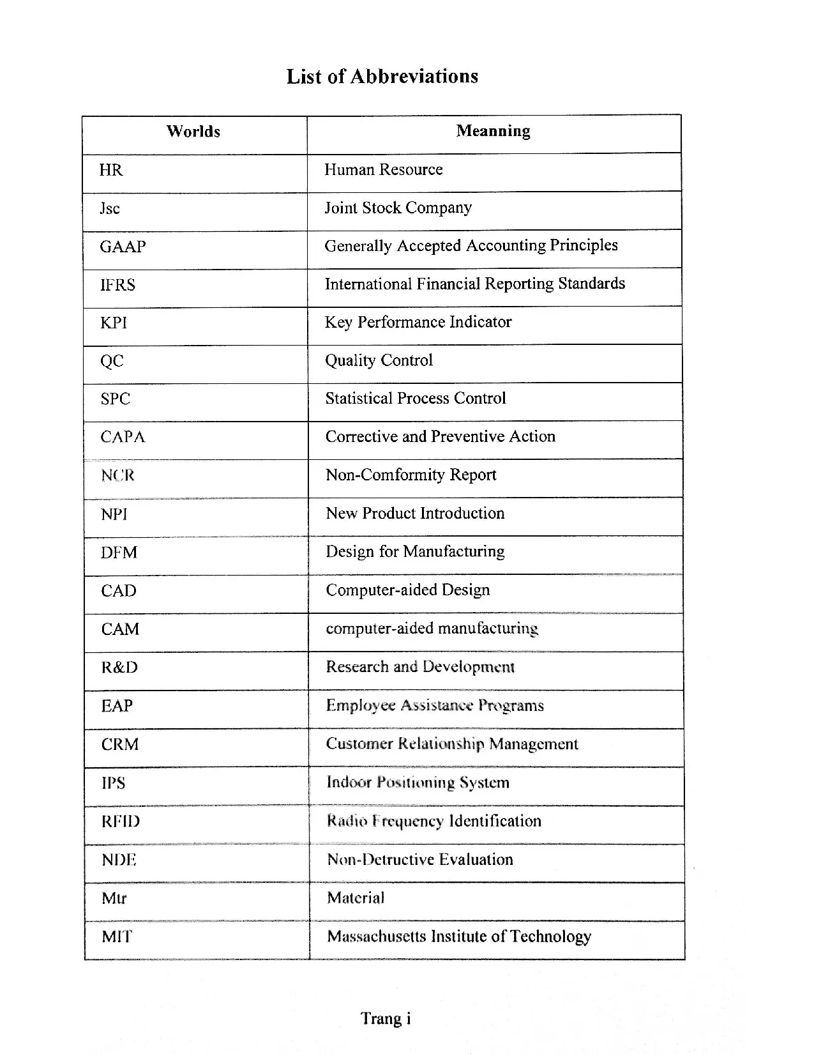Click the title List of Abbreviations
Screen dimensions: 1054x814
tap(382, 77)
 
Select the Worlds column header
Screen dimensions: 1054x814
tap(193, 132)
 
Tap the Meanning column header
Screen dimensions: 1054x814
tap(493, 131)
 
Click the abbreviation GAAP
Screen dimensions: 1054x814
tap(123, 247)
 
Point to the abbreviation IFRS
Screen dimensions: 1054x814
tap(117, 285)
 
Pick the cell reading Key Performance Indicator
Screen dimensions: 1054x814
tap(418, 322)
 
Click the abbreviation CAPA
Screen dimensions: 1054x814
tap(123, 437)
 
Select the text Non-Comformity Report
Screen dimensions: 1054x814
tap(411, 475)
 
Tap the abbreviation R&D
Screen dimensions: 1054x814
tap(119, 668)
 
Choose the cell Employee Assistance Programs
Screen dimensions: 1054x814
tap(435, 705)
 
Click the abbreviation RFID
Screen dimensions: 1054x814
tap(120, 821)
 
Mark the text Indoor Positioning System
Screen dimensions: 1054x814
tap(418, 783)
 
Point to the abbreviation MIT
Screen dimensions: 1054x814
tap(117, 937)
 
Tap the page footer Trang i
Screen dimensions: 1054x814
tap(386, 1018)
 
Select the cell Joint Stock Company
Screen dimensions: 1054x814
tap(398, 208)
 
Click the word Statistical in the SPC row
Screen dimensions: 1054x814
tap(358, 399)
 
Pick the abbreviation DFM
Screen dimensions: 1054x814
tap(119, 553)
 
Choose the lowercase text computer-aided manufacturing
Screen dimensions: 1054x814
tap(432, 629)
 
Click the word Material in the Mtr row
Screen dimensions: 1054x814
tap(356, 898)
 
